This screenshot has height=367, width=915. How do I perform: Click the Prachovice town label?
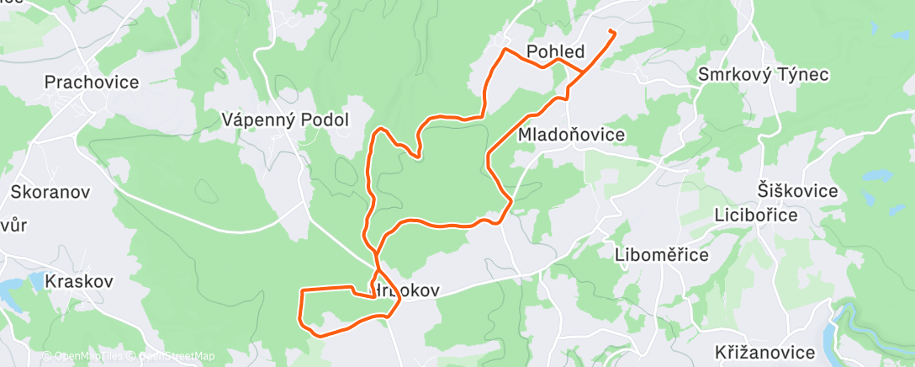(92, 82)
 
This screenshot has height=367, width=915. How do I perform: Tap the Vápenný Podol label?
(285, 120)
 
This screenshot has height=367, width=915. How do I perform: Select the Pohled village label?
(555, 52)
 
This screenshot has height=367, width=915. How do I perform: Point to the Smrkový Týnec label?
(764, 75)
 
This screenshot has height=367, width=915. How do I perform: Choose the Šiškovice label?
(798, 190)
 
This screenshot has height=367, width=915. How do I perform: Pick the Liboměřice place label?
(661, 254)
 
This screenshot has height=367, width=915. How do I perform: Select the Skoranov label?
(50, 191)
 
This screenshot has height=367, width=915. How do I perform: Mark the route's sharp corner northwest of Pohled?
(504, 51)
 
